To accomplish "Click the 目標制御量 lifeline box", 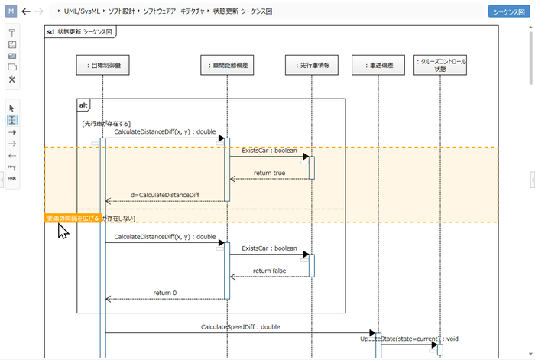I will point(103,66).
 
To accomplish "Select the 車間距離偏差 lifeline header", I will point(227,66).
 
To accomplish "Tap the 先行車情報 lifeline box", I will point(312,66).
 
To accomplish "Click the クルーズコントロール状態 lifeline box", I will point(439,65).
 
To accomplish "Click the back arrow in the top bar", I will point(26,12).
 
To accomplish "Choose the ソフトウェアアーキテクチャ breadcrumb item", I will point(173,12).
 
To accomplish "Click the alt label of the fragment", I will point(84,105).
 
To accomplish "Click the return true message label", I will point(269,173).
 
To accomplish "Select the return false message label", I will point(269,271).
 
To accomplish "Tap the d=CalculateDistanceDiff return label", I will point(164,195).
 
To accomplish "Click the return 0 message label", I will point(164,293).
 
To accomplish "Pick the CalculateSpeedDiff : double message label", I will point(240,327).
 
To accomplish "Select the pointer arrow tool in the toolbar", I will point(12,108).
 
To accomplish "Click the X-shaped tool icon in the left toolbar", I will point(12,79).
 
